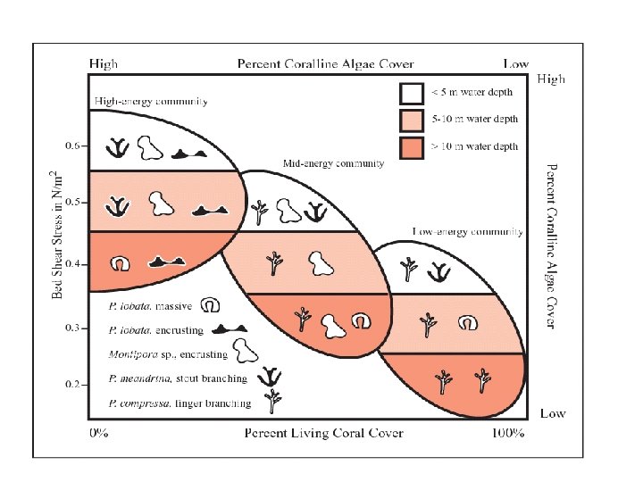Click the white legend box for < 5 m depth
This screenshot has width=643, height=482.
tap(410, 93)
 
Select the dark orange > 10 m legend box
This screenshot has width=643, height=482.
tap(410, 146)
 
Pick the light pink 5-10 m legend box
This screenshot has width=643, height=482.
tap(410, 120)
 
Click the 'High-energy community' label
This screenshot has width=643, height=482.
tap(151, 102)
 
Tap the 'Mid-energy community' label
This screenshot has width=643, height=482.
tap(333, 164)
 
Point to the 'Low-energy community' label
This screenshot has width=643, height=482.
tap(466, 231)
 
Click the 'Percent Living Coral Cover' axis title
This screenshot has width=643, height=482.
tap(324, 434)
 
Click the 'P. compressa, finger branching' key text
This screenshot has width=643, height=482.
tap(179, 403)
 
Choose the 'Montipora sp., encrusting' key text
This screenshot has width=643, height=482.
tap(167, 354)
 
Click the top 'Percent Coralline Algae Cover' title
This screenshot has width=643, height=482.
tap(309, 64)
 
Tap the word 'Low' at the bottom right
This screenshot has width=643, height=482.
tap(553, 414)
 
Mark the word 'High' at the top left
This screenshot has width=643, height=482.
tap(103, 64)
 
